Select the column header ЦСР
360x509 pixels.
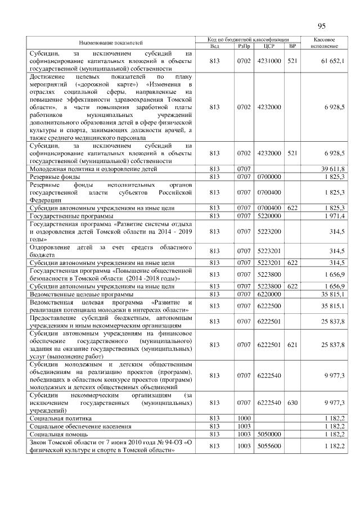[x=268, y=46]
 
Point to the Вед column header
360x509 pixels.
[x=214, y=46]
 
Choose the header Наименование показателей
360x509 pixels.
[x=111, y=42]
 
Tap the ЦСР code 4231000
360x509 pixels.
[x=268, y=61]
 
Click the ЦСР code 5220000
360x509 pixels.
[x=268, y=216]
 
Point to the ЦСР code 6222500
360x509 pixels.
[x=268, y=306]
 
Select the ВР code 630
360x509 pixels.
[x=292, y=403]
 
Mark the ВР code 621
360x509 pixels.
[x=292, y=345]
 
